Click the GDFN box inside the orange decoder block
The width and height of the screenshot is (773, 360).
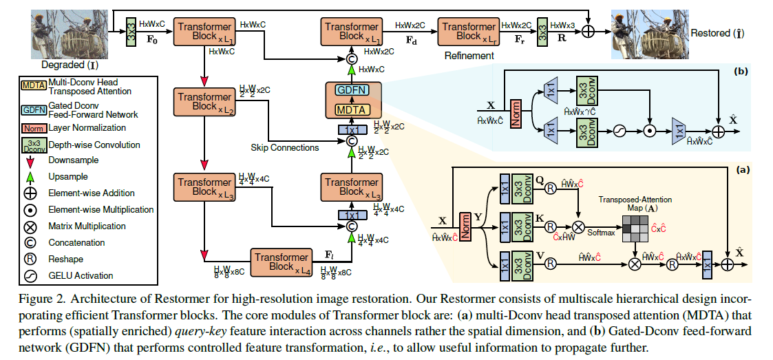(x=351, y=91)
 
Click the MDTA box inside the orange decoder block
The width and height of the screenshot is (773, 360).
(x=352, y=109)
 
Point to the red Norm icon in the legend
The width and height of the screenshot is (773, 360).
(x=30, y=128)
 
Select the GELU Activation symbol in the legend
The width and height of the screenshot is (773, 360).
(x=30, y=275)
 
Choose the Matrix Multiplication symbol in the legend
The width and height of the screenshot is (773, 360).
(x=30, y=226)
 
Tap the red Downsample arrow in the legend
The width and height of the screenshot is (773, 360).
(x=30, y=160)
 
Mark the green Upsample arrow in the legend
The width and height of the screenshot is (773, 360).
(x=30, y=177)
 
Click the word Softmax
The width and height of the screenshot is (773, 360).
(x=601, y=233)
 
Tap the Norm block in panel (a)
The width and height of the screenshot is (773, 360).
(x=466, y=224)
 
